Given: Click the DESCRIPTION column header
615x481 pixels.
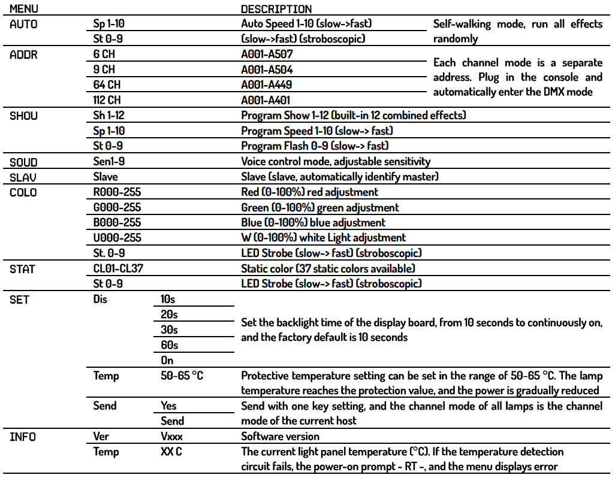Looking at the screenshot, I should (x=276, y=9).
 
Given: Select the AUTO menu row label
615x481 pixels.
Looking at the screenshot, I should (x=23, y=25).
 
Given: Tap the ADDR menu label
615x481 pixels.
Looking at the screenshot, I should (x=23, y=55).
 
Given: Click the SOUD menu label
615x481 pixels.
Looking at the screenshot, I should (x=23, y=162).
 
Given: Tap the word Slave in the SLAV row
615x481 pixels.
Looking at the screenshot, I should (x=105, y=177).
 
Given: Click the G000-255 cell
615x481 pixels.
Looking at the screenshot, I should (x=117, y=208).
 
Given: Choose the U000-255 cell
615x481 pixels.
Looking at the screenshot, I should (x=117, y=238).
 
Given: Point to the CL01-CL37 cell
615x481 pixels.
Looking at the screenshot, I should (x=118, y=269).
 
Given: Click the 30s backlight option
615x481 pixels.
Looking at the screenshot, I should (x=169, y=330).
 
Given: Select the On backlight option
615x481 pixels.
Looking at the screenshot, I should (x=167, y=361).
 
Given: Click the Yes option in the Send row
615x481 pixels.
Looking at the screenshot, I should (x=169, y=406).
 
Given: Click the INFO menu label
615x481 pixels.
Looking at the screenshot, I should (x=23, y=437).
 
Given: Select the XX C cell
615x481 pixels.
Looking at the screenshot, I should (x=171, y=452).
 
